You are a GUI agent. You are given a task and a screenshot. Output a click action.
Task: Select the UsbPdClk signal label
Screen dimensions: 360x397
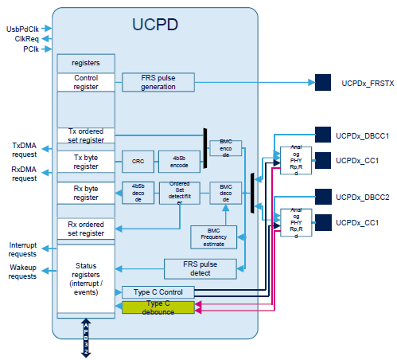tap(23, 29)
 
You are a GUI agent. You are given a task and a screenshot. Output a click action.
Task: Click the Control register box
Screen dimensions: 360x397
tap(86, 82)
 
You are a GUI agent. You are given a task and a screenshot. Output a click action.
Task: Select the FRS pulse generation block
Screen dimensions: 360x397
tap(159, 82)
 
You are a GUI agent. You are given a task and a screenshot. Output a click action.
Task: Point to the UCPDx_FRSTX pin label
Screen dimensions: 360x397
tap(365, 82)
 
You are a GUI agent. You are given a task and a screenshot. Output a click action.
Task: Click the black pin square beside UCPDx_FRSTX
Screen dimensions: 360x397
tap(323, 82)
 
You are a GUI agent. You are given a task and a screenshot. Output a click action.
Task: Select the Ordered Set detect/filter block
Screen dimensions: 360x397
tap(179, 193)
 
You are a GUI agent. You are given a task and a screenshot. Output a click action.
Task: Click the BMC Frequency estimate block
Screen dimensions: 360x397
tap(214, 237)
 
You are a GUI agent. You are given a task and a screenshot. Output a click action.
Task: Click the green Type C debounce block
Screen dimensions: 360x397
tap(158, 307)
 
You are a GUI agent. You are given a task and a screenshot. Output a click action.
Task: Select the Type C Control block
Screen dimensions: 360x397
tap(158, 292)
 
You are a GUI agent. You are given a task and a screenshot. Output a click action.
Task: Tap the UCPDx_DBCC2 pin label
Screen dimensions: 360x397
tap(362, 197)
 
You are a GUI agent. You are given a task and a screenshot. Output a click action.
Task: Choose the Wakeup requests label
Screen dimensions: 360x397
tap(23, 272)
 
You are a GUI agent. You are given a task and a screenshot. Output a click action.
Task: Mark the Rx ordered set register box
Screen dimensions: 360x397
tap(86, 229)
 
